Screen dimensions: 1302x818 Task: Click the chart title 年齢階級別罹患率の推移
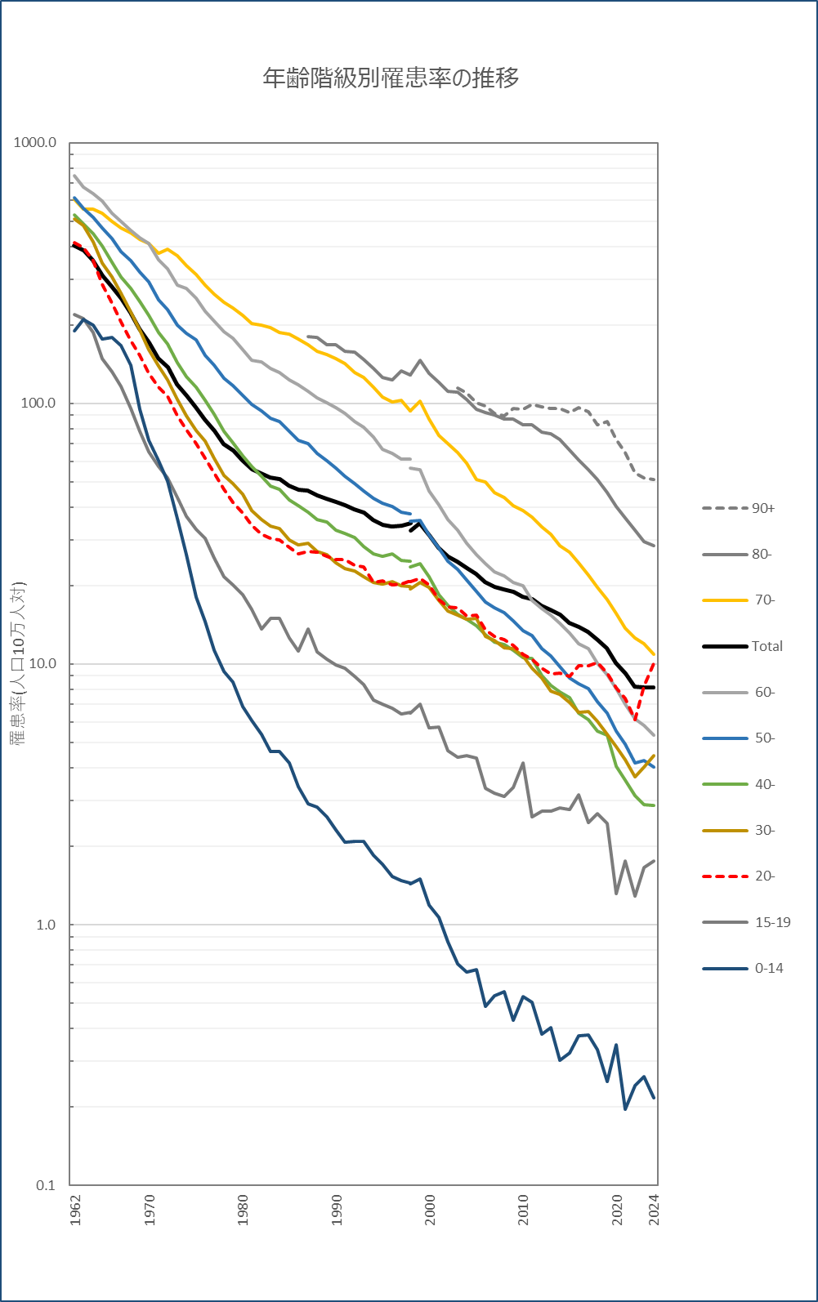pyautogui.click(x=391, y=78)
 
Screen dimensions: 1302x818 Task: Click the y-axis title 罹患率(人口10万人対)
pyautogui.click(x=18, y=663)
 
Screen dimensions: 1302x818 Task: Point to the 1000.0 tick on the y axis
pyautogui.click(x=35, y=143)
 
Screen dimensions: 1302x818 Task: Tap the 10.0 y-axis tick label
pyautogui.click(x=42, y=663)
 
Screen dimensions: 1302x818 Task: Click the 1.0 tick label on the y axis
pyautogui.click(x=45, y=925)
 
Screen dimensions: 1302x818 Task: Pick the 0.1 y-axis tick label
pyautogui.click(x=45, y=1185)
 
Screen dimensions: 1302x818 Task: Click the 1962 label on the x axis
pyautogui.click(x=75, y=1210)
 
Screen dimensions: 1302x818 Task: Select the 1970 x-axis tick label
pyautogui.click(x=150, y=1210)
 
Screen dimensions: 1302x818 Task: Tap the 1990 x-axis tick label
pyautogui.click(x=337, y=1210)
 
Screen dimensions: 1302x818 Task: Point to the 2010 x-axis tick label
pyautogui.click(x=523, y=1210)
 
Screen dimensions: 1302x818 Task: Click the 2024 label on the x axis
pyautogui.click(x=654, y=1210)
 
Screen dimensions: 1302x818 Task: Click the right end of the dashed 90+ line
pyautogui.click(x=654, y=479)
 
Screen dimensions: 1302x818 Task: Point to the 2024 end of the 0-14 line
pyautogui.click(x=654, y=1098)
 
